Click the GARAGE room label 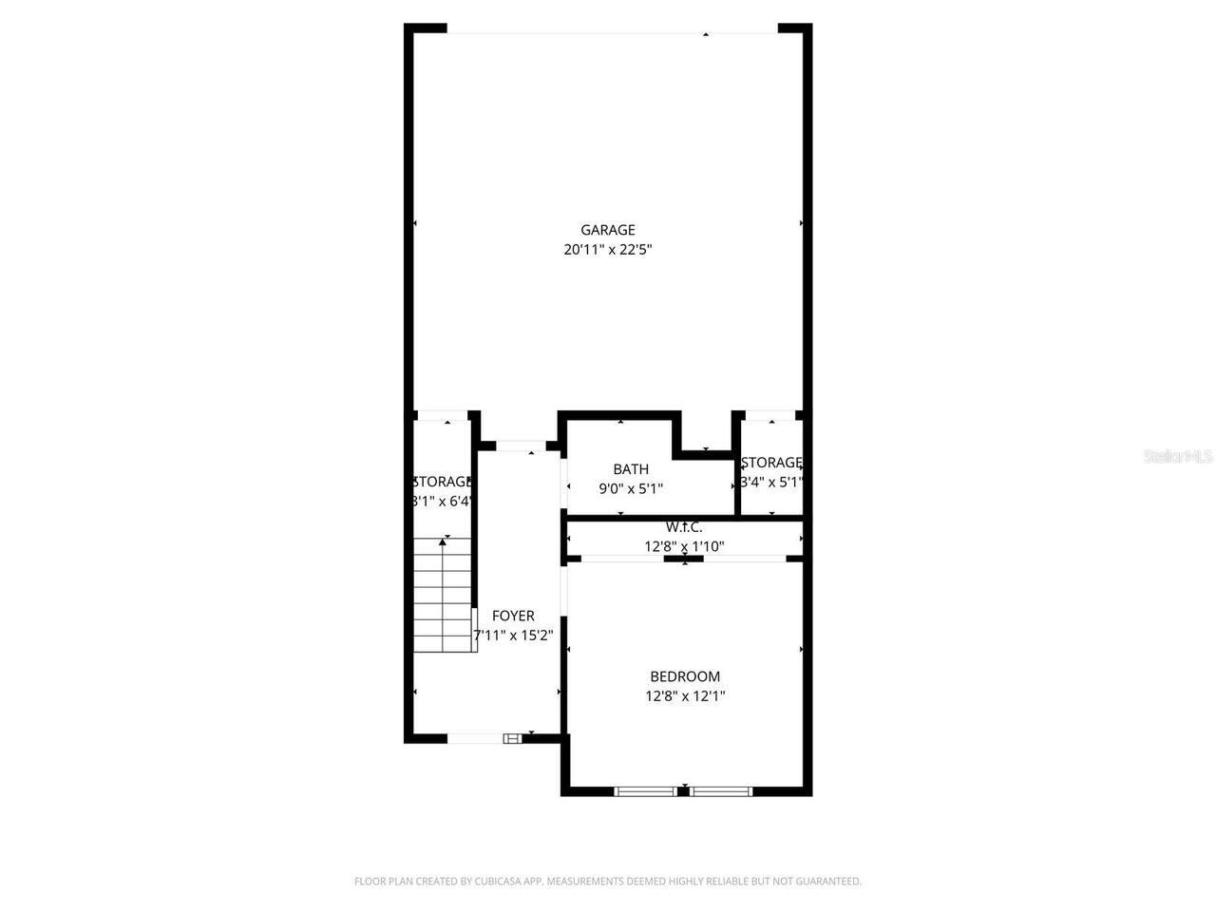tap(608, 230)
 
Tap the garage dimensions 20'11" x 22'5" tap(608, 250)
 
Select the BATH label tap(631, 469)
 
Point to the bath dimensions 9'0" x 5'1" tap(631, 489)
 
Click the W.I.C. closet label tap(684, 527)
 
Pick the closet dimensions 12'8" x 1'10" tap(684, 546)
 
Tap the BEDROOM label tap(685, 676)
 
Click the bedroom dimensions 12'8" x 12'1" tap(685, 696)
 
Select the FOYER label tap(513, 617)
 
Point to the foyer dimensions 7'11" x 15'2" tap(513, 636)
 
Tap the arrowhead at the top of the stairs tap(444, 541)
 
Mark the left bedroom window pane tap(646, 790)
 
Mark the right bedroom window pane tap(721, 790)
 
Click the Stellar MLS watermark tap(1178, 457)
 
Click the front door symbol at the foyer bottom tap(512, 738)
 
